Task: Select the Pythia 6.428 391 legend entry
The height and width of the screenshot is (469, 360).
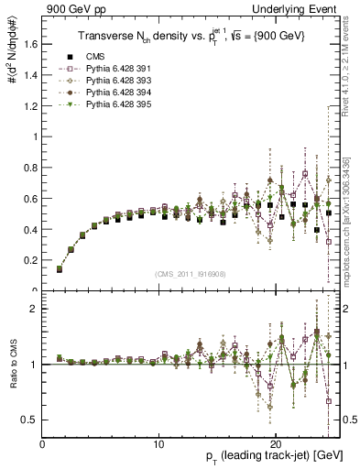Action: tap(105, 69)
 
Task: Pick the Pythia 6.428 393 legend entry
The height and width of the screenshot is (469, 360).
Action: tap(105, 80)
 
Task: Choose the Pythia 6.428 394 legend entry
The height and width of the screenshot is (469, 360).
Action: tap(105, 92)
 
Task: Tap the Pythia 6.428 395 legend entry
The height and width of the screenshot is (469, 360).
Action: tap(105, 103)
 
